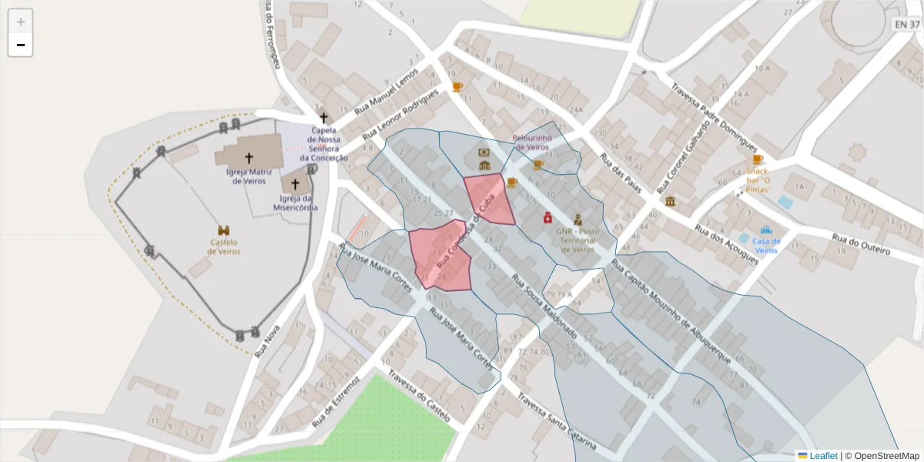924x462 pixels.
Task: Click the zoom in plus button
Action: (21, 21)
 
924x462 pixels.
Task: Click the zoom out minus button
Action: (21, 45)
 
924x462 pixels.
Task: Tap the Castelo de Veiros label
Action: (224, 246)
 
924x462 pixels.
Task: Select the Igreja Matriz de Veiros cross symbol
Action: (248, 158)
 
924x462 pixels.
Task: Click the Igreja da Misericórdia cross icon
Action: (295, 185)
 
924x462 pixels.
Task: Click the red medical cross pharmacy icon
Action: (547, 219)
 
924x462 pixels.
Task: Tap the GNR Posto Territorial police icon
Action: (577, 219)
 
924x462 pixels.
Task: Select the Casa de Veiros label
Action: (766, 245)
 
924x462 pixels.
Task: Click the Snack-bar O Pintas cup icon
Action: (758, 159)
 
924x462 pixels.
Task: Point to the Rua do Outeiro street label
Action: (860, 244)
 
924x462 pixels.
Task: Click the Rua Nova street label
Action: (266, 340)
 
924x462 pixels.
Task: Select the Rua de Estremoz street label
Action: (336, 402)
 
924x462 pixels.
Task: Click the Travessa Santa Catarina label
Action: (557, 423)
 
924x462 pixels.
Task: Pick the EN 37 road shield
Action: (906, 25)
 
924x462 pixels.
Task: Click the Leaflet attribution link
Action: (822, 456)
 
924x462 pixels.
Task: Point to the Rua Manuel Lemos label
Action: (386, 92)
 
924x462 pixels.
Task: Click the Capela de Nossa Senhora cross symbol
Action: (323, 118)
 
